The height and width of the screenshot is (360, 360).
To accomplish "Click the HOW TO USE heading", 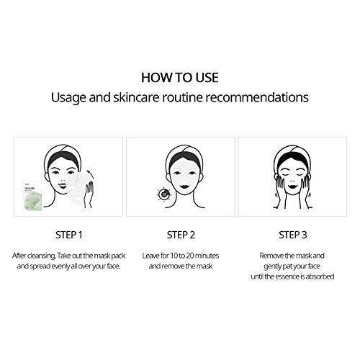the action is (180, 78).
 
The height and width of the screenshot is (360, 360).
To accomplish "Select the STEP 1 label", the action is (69, 235).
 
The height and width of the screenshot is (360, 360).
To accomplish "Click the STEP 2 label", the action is (181, 235).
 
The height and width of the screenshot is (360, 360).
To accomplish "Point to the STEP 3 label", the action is (293, 235).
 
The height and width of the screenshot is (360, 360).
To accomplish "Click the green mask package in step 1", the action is (32, 196).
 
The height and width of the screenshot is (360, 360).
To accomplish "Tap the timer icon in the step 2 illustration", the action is (164, 194).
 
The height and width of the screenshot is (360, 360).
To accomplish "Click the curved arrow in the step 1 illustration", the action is (89, 172).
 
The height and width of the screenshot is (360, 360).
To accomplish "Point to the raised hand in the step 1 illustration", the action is (89, 194).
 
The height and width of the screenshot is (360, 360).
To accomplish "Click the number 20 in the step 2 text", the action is (190, 256).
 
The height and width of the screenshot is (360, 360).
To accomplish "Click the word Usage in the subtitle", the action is (68, 98).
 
